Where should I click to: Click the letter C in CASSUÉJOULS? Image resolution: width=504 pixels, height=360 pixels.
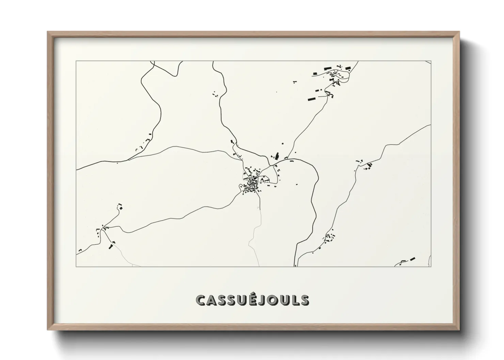(x=201, y=300)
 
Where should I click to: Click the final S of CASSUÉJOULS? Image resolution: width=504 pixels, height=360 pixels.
(x=304, y=300)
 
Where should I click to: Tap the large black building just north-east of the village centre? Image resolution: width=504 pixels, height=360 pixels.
(x=277, y=156)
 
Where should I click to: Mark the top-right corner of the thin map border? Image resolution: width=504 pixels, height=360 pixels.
(x=431, y=61)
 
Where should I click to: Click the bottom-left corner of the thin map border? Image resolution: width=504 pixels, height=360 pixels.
(x=76, y=266)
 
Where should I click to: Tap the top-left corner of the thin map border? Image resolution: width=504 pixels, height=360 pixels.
(x=76, y=61)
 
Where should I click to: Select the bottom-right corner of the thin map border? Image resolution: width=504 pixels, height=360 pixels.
(x=431, y=266)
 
